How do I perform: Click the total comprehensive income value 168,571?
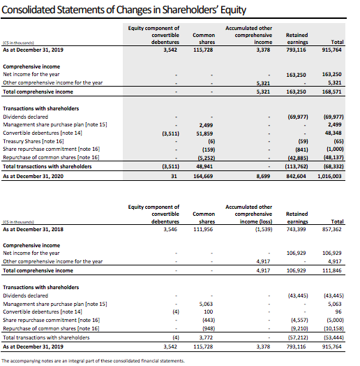click(331, 91)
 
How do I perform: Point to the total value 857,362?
click(331, 228)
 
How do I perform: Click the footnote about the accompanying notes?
click(94, 360)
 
